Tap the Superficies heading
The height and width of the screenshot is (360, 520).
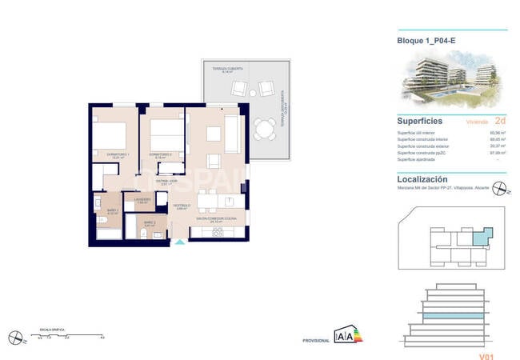421,121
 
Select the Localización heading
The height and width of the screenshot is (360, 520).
422,179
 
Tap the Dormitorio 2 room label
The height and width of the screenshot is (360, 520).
160,154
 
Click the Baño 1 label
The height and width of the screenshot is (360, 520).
113,211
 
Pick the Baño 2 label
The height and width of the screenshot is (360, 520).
149,224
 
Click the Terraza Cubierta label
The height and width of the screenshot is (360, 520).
227,70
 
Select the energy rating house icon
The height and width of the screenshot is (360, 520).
345,335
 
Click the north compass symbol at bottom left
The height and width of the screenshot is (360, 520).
14,337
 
